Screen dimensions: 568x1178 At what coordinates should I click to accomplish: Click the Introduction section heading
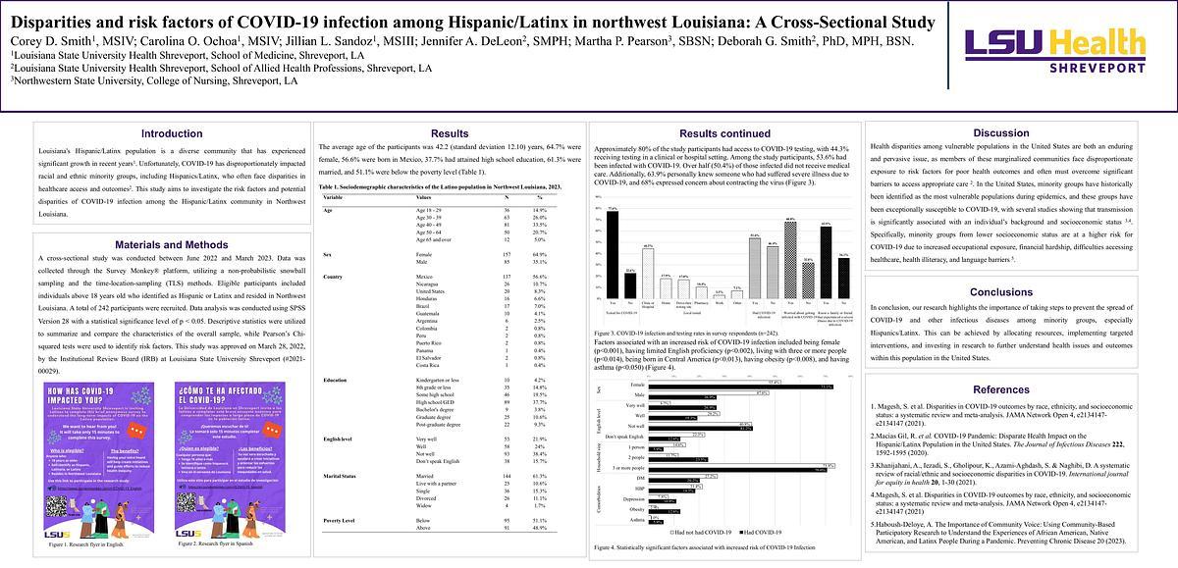point(172,133)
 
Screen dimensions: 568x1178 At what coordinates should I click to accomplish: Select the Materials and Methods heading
point(172,246)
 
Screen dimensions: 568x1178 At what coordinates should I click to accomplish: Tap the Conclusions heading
point(1000,292)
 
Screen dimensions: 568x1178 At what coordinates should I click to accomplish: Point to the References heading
point(1000,389)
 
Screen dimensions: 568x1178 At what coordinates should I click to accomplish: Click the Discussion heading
point(1000,133)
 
